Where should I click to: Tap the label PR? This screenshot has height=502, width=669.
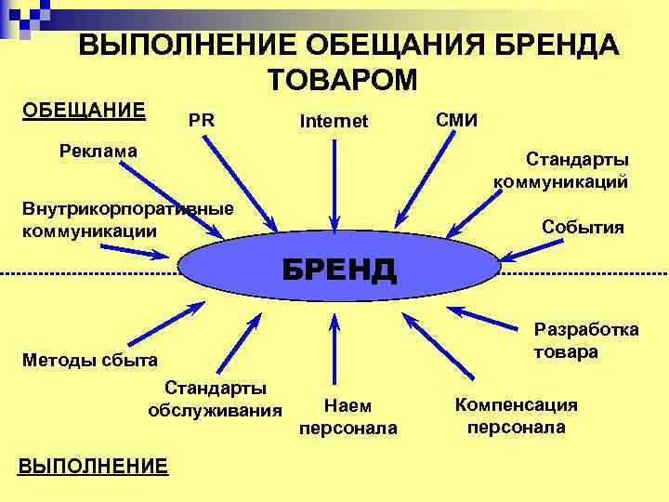point(201,120)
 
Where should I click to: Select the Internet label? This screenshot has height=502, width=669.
point(334,122)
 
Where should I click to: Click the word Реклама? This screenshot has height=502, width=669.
point(98,150)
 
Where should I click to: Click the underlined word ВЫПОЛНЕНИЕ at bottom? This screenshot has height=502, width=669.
point(93,465)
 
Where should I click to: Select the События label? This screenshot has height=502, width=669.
point(583,228)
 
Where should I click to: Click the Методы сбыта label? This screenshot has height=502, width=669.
point(89,359)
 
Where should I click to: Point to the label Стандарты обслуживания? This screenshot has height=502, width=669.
point(215,398)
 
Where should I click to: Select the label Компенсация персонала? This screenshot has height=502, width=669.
point(516,416)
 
